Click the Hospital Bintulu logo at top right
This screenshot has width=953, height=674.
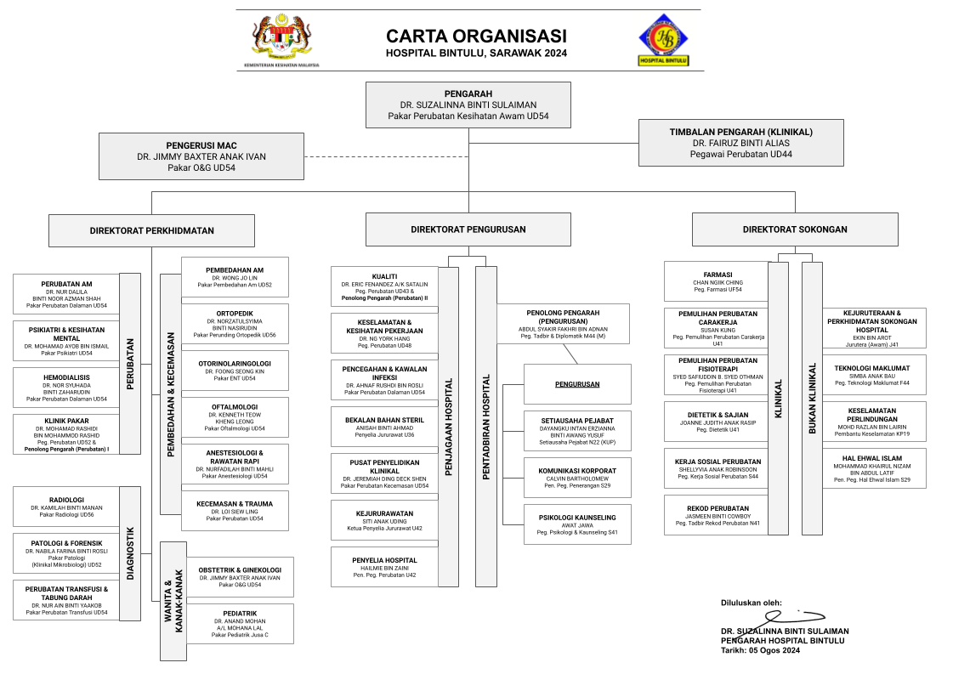pyautogui.click(x=663, y=39)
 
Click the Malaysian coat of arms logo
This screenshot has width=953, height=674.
pyautogui.click(x=281, y=39)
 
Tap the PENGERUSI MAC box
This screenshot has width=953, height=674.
pyautogui.click(x=201, y=156)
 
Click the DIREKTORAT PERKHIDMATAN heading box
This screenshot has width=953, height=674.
pyautogui.click(x=151, y=230)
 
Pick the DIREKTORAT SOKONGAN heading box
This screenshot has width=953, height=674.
pyautogui.click(x=794, y=229)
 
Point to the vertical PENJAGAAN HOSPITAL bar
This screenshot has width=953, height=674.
pyautogui.click(x=448, y=427)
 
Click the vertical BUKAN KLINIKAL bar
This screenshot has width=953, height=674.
pyautogui.click(x=812, y=398)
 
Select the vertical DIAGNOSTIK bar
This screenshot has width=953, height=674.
pyautogui.click(x=130, y=552)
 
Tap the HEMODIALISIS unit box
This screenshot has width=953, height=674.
pyautogui.click(x=65, y=388)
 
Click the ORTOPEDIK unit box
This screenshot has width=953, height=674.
pyautogui.click(x=235, y=324)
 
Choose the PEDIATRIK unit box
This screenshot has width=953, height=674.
pyautogui.click(x=240, y=623)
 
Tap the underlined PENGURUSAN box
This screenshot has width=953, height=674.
pyautogui.click(x=577, y=384)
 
